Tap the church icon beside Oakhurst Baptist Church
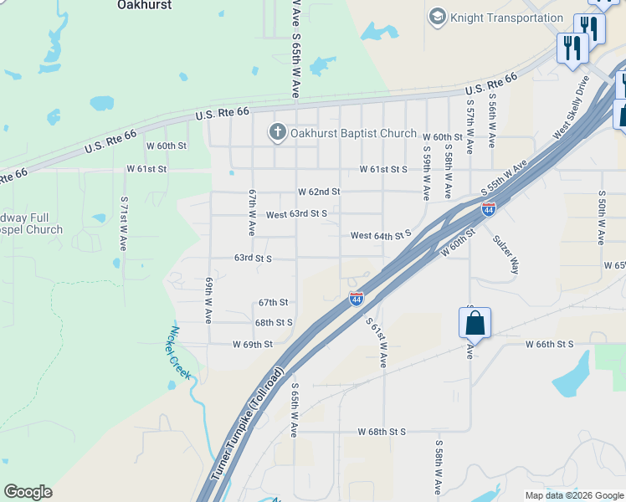277,132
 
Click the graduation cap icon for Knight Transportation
436,17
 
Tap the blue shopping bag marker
474,323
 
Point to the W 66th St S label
549,344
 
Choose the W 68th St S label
381,432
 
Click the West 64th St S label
381,236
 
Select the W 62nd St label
319,192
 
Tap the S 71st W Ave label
123,225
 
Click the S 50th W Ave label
601,217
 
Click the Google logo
28,492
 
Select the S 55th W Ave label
506,178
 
